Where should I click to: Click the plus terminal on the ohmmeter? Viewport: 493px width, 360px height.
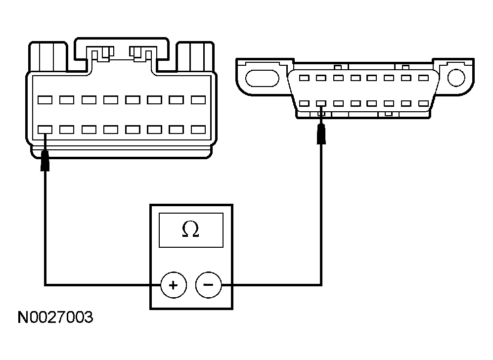pos(173,285)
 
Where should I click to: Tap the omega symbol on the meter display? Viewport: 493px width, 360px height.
pos(191,229)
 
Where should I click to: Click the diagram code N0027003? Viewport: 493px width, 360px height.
pos(55,317)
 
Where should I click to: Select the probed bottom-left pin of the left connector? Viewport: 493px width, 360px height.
pos(45,130)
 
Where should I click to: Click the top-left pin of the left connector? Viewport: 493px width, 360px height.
pos(45,100)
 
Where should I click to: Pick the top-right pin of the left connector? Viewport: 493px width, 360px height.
pos(198,100)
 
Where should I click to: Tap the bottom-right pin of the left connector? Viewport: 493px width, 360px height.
pos(198,130)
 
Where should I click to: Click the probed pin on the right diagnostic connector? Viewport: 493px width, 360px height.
pos(321,104)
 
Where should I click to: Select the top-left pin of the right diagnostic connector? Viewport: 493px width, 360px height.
pos(305,78)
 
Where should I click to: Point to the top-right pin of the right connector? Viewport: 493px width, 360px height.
pos(423,78)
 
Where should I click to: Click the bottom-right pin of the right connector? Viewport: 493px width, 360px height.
pos(423,104)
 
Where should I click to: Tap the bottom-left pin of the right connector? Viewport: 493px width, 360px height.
pos(305,104)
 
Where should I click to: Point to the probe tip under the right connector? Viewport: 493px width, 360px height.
pos(321,135)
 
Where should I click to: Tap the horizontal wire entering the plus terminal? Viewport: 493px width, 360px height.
pos(99,285)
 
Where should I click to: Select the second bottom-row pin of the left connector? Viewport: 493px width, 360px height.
pos(67,130)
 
